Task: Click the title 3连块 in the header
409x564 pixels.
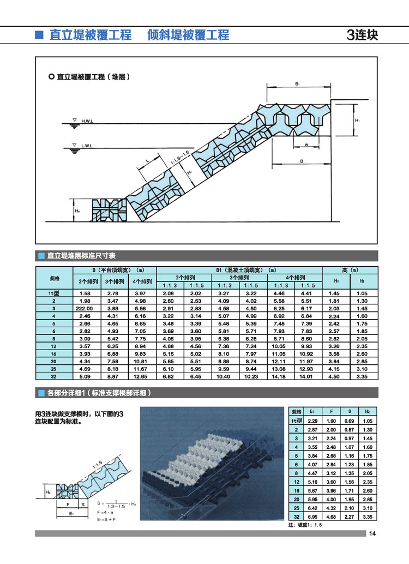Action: (x=362, y=35)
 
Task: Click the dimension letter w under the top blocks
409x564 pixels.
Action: (x=308, y=145)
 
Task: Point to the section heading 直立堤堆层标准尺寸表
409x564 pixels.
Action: (x=81, y=255)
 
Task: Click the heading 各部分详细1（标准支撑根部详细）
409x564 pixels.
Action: (x=98, y=393)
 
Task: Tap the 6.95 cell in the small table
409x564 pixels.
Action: (x=312, y=515)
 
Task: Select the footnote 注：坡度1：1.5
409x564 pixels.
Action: (x=309, y=525)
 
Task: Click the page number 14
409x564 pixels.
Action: (x=372, y=533)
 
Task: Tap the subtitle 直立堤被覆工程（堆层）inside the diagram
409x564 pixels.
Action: (x=93, y=76)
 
